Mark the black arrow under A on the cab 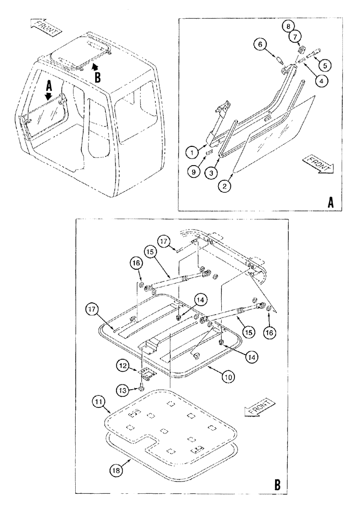(49, 96)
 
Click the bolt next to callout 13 (139, 389)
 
